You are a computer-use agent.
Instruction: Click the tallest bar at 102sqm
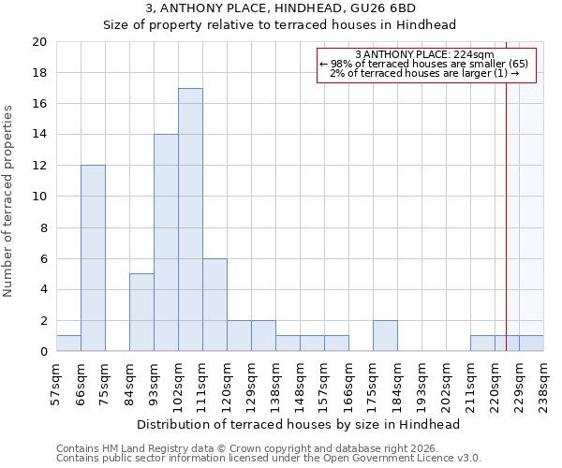point(190,220)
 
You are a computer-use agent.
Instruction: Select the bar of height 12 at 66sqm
point(93,258)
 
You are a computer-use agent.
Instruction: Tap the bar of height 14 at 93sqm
point(166,243)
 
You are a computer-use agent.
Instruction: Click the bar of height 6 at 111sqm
point(214,305)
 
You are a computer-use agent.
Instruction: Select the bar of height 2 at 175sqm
point(385,336)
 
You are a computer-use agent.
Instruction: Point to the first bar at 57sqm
point(68,344)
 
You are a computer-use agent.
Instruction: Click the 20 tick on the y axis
point(38,42)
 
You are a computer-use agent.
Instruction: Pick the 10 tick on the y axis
point(38,197)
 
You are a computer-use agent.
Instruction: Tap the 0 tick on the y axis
point(42,352)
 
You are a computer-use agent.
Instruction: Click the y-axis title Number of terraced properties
point(8,200)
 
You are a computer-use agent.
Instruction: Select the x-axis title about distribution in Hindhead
point(299,424)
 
